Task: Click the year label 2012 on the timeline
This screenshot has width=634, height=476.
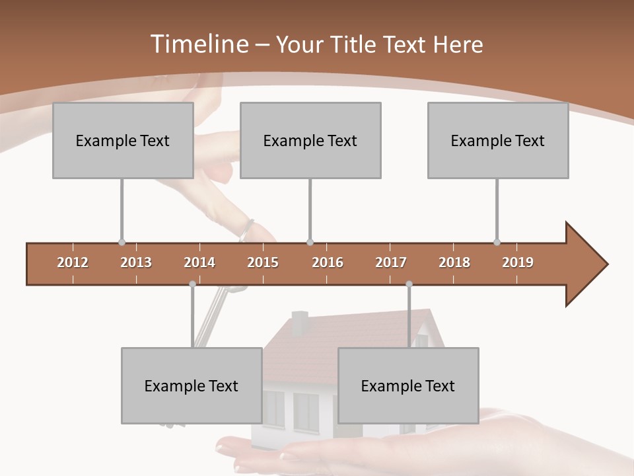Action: coord(73,262)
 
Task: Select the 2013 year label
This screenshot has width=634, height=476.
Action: coord(136,262)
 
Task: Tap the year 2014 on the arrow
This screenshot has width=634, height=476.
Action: coord(199,262)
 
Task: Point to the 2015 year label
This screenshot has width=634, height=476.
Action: coord(263,262)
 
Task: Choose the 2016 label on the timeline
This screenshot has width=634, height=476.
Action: coord(328,262)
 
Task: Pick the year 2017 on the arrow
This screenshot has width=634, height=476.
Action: coord(391,262)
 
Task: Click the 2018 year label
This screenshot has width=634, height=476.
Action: coord(454,262)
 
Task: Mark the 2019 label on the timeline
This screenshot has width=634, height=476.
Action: coord(518,262)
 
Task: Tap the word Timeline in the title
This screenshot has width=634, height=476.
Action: coord(198,44)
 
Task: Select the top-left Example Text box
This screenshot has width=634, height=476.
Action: coord(123,140)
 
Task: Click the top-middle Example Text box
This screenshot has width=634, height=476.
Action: coord(310,140)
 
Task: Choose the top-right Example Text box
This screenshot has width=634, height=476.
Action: coord(498,140)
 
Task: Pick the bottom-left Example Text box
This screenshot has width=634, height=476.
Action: coord(192,385)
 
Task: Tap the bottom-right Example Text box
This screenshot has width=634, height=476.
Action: coord(408,385)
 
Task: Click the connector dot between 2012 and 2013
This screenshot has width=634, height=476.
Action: coord(122,242)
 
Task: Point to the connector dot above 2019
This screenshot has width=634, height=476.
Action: coord(497,242)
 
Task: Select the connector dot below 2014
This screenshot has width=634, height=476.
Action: coord(192,284)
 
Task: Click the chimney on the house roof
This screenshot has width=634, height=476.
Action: coord(299,322)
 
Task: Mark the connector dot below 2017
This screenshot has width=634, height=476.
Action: coord(409,284)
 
